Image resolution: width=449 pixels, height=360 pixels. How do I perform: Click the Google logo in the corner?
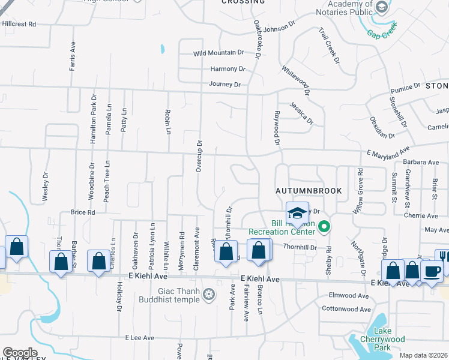click(x=20, y=353)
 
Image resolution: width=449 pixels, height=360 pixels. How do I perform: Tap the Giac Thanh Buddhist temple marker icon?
click(x=208, y=295)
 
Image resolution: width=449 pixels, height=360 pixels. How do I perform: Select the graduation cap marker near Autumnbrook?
click(x=297, y=213)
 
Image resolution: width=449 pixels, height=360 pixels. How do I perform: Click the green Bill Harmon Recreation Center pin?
click(x=325, y=226)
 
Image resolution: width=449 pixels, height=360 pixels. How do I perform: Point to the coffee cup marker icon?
click(x=432, y=271)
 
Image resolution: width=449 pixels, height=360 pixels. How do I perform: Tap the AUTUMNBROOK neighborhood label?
click(x=309, y=191)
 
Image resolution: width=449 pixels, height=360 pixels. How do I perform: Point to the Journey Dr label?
click(x=224, y=85)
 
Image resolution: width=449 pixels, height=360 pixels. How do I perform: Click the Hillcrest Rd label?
click(x=19, y=24)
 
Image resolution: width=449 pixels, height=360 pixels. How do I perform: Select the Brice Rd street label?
click(x=83, y=212)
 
